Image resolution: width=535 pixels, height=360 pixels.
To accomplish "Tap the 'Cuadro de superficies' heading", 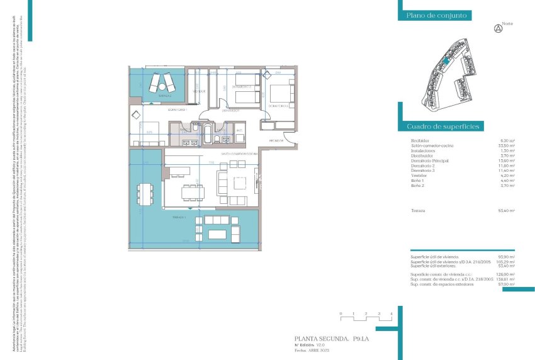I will pyautogui.click(x=443, y=127).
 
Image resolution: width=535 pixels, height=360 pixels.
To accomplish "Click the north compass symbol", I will pyautogui.click(x=498, y=28).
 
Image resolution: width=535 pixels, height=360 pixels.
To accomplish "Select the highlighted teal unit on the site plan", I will pyautogui.click(x=445, y=60).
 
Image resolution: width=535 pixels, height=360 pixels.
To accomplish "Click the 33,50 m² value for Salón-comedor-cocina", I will pyautogui.click(x=507, y=145).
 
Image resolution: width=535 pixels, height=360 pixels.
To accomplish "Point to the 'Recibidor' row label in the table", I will pyautogui.click(x=420, y=140).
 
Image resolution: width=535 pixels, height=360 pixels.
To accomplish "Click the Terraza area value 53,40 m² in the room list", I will pyautogui.click(x=507, y=210).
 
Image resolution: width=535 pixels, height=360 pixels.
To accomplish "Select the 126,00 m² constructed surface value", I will pyautogui.click(x=507, y=274).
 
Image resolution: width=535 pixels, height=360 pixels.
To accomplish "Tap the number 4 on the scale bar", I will pyautogui.click(x=391, y=313).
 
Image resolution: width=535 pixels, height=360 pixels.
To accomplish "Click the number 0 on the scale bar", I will pyautogui.click(x=341, y=313).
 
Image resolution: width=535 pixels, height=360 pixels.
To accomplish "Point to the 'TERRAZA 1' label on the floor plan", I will pyautogui.click(x=181, y=216).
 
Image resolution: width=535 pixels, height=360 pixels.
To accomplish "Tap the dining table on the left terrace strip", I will pyautogui.click(x=146, y=194).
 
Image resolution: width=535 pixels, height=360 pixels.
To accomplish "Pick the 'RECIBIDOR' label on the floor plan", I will pyautogui.click(x=277, y=140).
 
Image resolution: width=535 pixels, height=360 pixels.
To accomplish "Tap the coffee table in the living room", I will pyautogui.click(x=239, y=183).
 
